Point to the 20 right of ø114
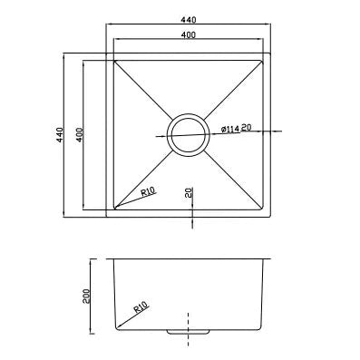(247, 128)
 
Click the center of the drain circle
(190, 134)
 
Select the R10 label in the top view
(150, 192)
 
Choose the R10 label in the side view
(141, 307)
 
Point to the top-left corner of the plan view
(108, 54)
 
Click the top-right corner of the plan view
(272, 54)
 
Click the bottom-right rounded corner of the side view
(261, 326)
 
